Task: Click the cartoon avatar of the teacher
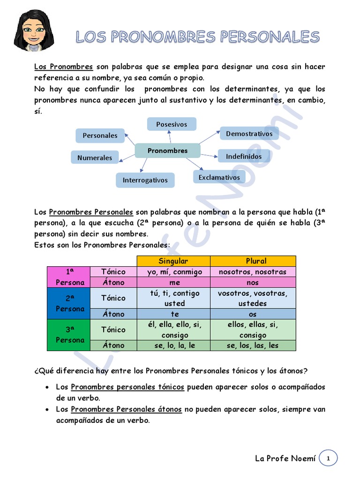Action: [x=34, y=31]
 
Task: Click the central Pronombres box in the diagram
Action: [x=167, y=150]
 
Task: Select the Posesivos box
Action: [x=172, y=124]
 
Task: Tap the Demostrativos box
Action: [x=249, y=134]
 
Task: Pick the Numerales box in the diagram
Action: [x=95, y=157]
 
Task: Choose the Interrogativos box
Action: [x=145, y=180]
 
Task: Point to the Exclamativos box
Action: [x=219, y=177]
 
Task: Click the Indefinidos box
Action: [x=244, y=156]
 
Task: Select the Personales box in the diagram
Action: [x=100, y=135]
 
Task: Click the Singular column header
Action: [x=173, y=261]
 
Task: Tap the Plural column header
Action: [x=253, y=261]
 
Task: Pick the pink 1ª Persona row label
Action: [x=68, y=277]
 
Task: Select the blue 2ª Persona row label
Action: [x=68, y=303]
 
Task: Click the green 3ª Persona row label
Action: [x=68, y=335]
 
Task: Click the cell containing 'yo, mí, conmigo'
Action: [x=173, y=272]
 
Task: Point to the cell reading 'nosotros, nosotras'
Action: [x=253, y=272]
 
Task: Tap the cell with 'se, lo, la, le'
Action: [x=173, y=345]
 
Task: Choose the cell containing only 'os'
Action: [x=253, y=314]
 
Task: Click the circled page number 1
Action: [x=328, y=458]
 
